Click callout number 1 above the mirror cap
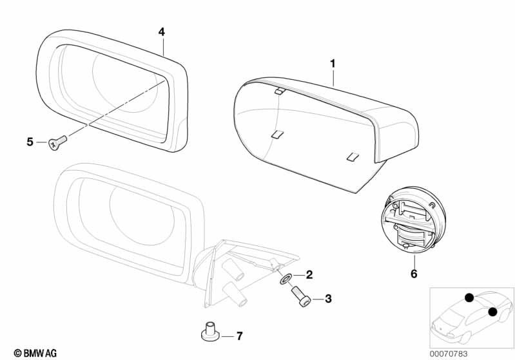[x=333, y=64]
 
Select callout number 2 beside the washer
[x=309, y=275]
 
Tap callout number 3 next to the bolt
[x=328, y=299]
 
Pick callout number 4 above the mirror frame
[x=162, y=32]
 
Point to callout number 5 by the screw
[x=30, y=142]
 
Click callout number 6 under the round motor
[x=414, y=273]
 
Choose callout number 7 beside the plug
[x=239, y=336]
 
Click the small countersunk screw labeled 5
[x=57, y=143]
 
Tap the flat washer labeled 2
[x=285, y=279]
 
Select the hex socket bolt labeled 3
[x=300, y=296]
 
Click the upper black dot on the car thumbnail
[x=469, y=298]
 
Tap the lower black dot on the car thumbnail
[x=492, y=312]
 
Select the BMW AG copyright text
[x=35, y=353]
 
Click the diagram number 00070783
[x=449, y=354]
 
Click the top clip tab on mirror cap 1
[x=280, y=91]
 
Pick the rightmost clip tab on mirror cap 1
[x=353, y=157]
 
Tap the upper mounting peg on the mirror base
[x=233, y=269]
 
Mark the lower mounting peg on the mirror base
[x=235, y=294]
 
